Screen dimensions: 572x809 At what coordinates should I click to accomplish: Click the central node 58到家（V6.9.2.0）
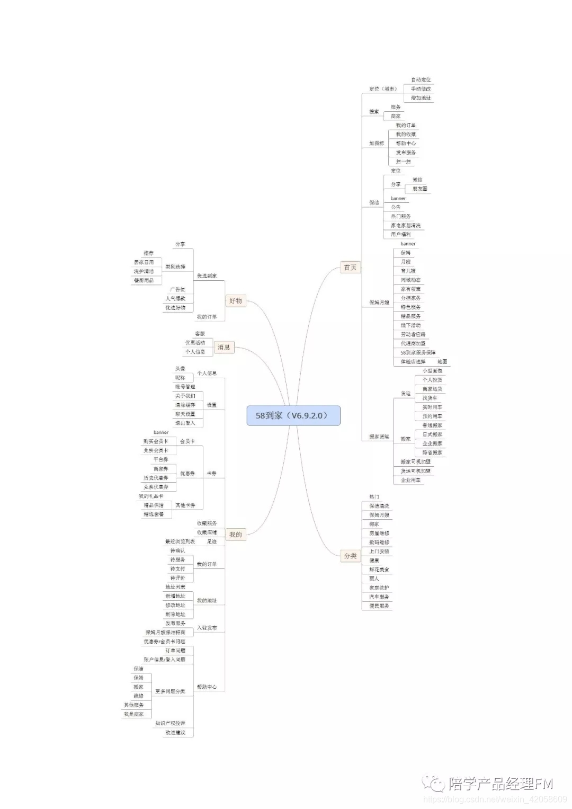[293, 415]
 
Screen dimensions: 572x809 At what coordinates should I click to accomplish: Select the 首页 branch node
[350, 268]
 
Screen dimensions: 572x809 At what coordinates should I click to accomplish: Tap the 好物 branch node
[236, 301]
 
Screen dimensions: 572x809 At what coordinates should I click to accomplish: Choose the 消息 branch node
[224, 348]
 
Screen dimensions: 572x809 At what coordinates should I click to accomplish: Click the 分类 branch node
[350, 556]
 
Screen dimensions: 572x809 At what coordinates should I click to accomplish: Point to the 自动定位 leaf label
[421, 80]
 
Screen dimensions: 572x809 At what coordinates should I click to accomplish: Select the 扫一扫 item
[403, 162]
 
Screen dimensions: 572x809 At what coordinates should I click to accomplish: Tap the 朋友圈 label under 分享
[420, 189]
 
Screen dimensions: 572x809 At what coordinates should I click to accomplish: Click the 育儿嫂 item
[408, 271]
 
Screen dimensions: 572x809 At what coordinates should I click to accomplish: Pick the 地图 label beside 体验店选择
[442, 362]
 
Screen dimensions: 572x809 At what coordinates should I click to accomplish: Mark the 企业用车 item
[410, 480]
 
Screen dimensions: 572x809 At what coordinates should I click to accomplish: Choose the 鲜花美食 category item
[379, 570]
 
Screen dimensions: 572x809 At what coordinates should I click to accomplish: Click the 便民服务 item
[379, 606]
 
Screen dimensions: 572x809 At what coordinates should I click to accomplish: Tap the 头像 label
[180, 369]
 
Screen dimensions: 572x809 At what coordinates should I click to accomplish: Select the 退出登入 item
[185, 423]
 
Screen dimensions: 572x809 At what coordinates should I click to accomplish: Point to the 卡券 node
[211, 474]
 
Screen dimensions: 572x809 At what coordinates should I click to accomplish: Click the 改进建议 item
[175, 733]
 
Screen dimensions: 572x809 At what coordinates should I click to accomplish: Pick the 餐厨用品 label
[144, 280]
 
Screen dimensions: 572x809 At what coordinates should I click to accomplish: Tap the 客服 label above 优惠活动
[200, 334]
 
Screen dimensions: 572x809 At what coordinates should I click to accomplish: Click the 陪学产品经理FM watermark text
[501, 783]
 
